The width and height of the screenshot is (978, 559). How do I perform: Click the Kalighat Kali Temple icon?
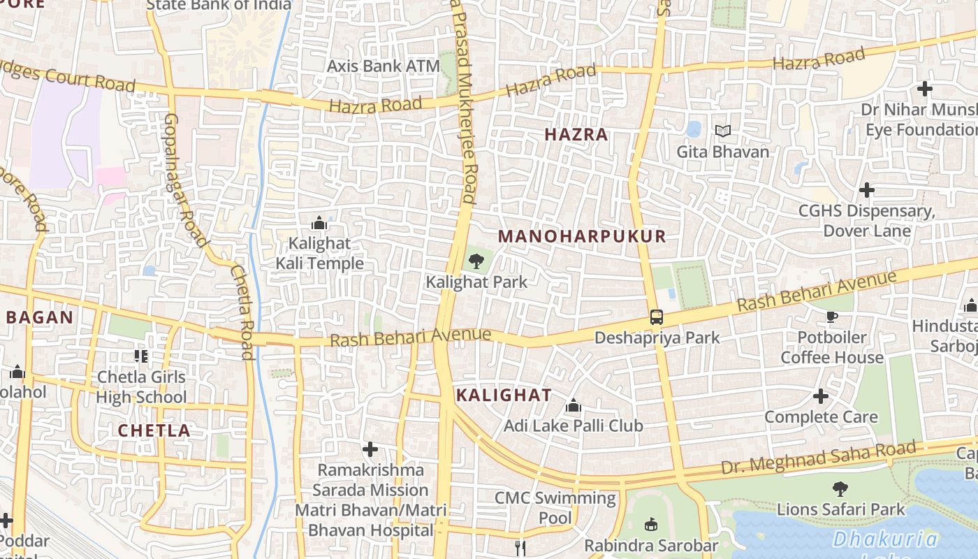pyautogui.click(x=319, y=224)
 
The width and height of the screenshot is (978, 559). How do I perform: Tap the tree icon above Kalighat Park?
pyautogui.click(x=476, y=262)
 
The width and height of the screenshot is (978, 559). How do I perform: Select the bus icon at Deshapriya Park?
pyautogui.click(x=657, y=317)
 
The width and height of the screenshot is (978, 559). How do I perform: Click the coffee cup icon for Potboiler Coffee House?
pyautogui.click(x=832, y=317)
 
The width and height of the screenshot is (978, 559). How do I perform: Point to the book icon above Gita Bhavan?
pyautogui.click(x=723, y=131)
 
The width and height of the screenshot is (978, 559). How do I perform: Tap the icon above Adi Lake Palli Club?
pyautogui.click(x=574, y=405)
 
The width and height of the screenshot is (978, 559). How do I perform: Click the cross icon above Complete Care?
pyautogui.click(x=821, y=397)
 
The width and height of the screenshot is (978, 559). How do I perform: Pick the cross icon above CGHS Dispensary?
pyautogui.click(x=867, y=190)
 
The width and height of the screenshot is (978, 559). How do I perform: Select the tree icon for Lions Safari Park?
pyautogui.click(x=840, y=488)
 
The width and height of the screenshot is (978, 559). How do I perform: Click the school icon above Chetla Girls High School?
pyautogui.click(x=141, y=356)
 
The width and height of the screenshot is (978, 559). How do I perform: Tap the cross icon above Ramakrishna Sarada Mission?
pyautogui.click(x=370, y=449)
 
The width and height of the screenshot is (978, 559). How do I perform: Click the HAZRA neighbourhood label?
pyautogui.click(x=576, y=135)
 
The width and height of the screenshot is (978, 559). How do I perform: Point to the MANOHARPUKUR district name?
pyautogui.click(x=582, y=236)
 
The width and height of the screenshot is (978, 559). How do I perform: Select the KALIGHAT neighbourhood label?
pyautogui.click(x=504, y=395)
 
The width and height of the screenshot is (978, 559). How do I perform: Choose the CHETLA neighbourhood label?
pyautogui.click(x=154, y=430)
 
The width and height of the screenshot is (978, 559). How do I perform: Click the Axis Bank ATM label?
pyautogui.click(x=384, y=66)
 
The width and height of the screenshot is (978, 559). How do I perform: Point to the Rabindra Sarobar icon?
pyautogui.click(x=651, y=523)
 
